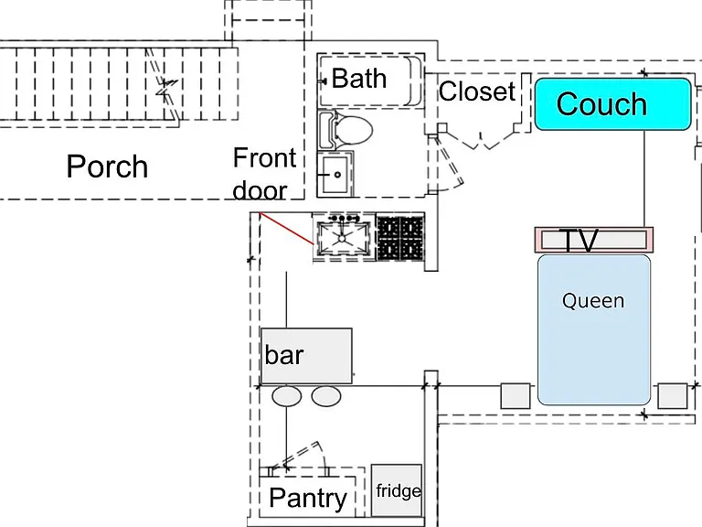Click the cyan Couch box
point(613,104)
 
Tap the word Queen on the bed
point(593,301)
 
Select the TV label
point(580,241)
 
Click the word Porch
point(107,167)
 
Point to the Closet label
point(477,91)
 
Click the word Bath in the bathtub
point(359,79)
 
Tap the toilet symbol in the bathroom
point(346,131)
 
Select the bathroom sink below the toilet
point(335,175)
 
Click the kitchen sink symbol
point(343,236)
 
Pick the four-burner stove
point(400,238)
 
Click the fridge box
point(397,490)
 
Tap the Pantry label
point(308,498)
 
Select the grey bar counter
point(306,356)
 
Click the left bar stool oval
point(287,396)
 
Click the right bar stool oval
point(326,396)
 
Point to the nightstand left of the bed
point(516,395)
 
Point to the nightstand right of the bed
point(673,395)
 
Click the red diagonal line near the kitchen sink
point(286,229)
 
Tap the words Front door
point(264,174)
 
